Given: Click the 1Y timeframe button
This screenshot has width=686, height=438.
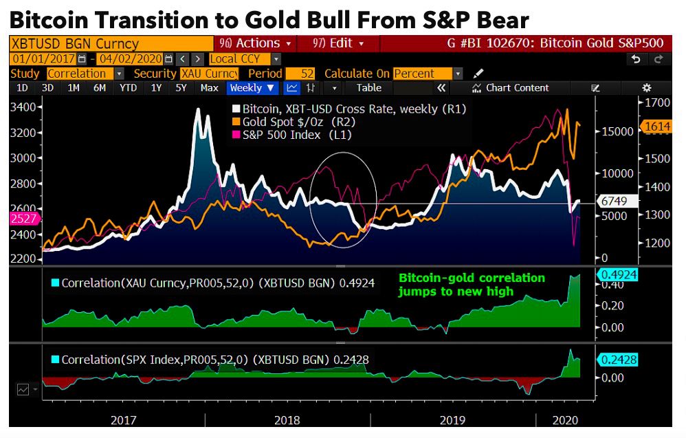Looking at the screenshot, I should [x=157, y=88].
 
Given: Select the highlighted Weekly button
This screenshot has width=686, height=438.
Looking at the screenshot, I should [x=252, y=88].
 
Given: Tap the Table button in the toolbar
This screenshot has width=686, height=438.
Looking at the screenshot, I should [x=368, y=88].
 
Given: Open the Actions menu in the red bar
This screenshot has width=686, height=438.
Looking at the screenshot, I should [x=255, y=43].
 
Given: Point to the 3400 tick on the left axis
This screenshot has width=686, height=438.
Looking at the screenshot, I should [x=24, y=107].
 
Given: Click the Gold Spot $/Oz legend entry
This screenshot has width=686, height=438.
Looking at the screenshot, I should [x=288, y=122].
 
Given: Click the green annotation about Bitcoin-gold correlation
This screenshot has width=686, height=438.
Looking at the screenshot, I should [x=471, y=285].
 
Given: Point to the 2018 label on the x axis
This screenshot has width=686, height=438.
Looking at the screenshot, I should [x=287, y=420].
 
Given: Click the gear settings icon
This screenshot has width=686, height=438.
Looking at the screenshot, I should [x=646, y=88].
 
